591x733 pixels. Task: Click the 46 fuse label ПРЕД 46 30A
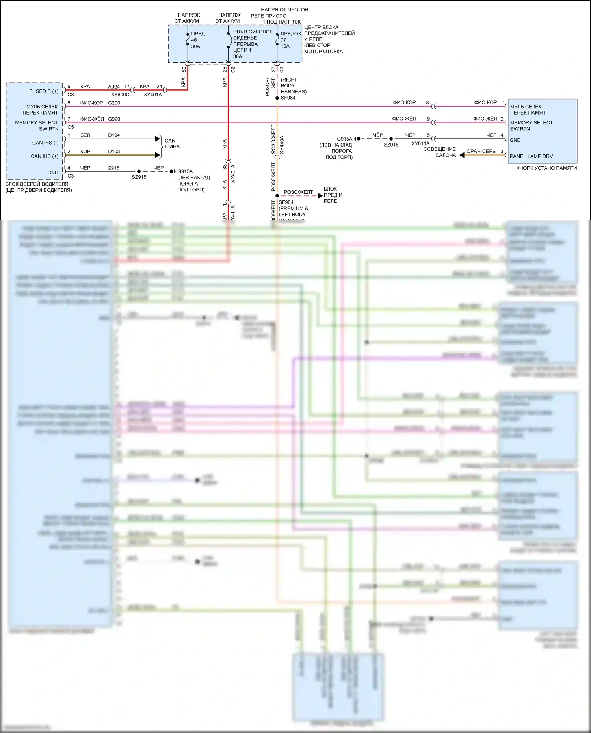(198, 40)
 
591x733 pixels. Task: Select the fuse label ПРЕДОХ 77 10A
(290, 40)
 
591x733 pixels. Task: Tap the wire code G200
(114, 103)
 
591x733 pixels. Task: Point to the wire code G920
(114, 119)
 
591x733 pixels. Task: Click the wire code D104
(114, 135)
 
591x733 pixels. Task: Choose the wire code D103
(114, 152)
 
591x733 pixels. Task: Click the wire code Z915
(114, 168)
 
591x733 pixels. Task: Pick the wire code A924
(114, 87)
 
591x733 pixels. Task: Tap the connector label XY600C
(120, 95)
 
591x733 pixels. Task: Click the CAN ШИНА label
(172, 143)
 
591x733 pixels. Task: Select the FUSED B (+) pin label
(44, 91)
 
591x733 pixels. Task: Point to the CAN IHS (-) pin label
(45, 143)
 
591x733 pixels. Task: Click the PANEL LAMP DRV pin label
(531, 156)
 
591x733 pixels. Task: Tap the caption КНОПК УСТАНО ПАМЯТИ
(546, 168)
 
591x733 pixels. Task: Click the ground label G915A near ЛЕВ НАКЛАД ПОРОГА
(344, 139)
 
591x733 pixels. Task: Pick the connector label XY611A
(420, 143)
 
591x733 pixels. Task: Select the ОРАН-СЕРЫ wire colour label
(481, 151)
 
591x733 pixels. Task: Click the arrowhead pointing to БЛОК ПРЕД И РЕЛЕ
(320, 195)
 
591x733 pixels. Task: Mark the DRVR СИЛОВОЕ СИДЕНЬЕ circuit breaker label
(252, 44)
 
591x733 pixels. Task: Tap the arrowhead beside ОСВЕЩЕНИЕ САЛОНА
(462, 155)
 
